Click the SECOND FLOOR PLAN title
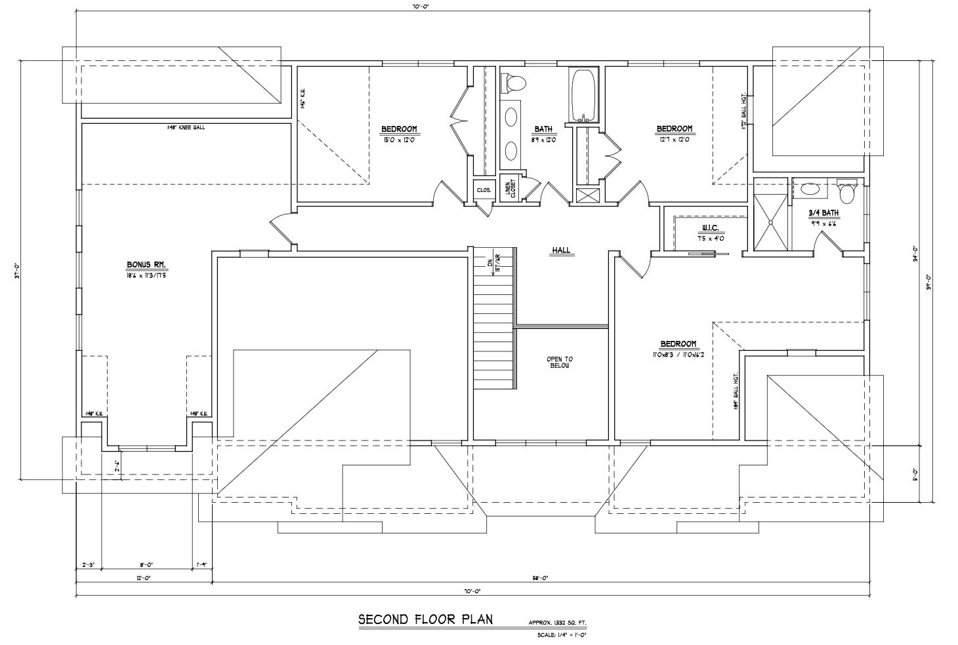click(x=425, y=619)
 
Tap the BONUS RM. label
click(x=146, y=265)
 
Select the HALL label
click(x=561, y=250)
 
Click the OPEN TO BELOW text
click(x=560, y=362)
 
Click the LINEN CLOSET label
click(x=509, y=189)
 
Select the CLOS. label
click(x=484, y=190)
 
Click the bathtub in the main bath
click(x=583, y=95)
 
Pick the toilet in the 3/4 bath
click(x=847, y=191)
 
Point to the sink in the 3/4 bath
click(x=811, y=190)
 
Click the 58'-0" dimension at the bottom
click(x=540, y=578)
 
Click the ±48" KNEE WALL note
click(x=186, y=127)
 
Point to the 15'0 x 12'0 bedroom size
click(x=399, y=139)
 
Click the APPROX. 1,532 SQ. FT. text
click(x=558, y=622)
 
